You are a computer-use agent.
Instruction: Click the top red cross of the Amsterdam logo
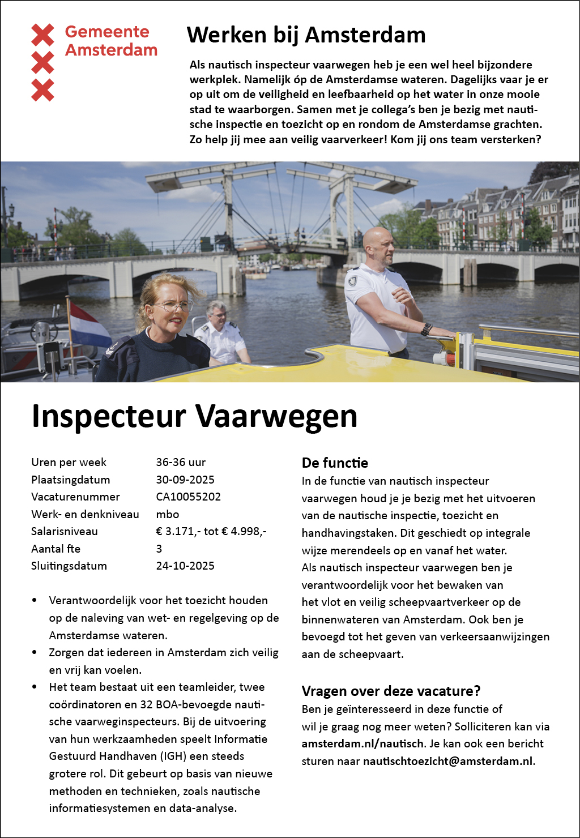click(42, 35)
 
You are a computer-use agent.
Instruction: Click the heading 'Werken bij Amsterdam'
click(306, 35)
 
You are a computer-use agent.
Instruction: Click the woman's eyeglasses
click(172, 306)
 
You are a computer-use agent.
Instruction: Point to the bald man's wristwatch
click(426, 329)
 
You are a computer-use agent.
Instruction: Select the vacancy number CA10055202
click(188, 497)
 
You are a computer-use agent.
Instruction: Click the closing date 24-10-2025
click(185, 566)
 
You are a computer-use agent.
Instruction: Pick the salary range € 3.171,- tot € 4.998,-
click(211, 531)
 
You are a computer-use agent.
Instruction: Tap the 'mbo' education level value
click(168, 514)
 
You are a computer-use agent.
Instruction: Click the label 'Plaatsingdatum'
click(71, 480)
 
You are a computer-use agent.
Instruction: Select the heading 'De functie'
click(335, 463)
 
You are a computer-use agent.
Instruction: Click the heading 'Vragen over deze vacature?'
click(391, 691)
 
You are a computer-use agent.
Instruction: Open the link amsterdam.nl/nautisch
click(362, 743)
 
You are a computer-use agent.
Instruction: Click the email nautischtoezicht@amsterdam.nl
click(448, 761)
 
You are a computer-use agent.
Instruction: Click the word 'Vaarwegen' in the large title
click(276, 416)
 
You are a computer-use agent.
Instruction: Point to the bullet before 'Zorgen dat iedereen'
click(35, 652)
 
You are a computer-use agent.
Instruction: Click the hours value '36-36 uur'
click(181, 462)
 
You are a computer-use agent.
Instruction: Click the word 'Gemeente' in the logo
click(107, 32)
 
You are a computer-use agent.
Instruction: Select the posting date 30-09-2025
click(185, 480)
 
